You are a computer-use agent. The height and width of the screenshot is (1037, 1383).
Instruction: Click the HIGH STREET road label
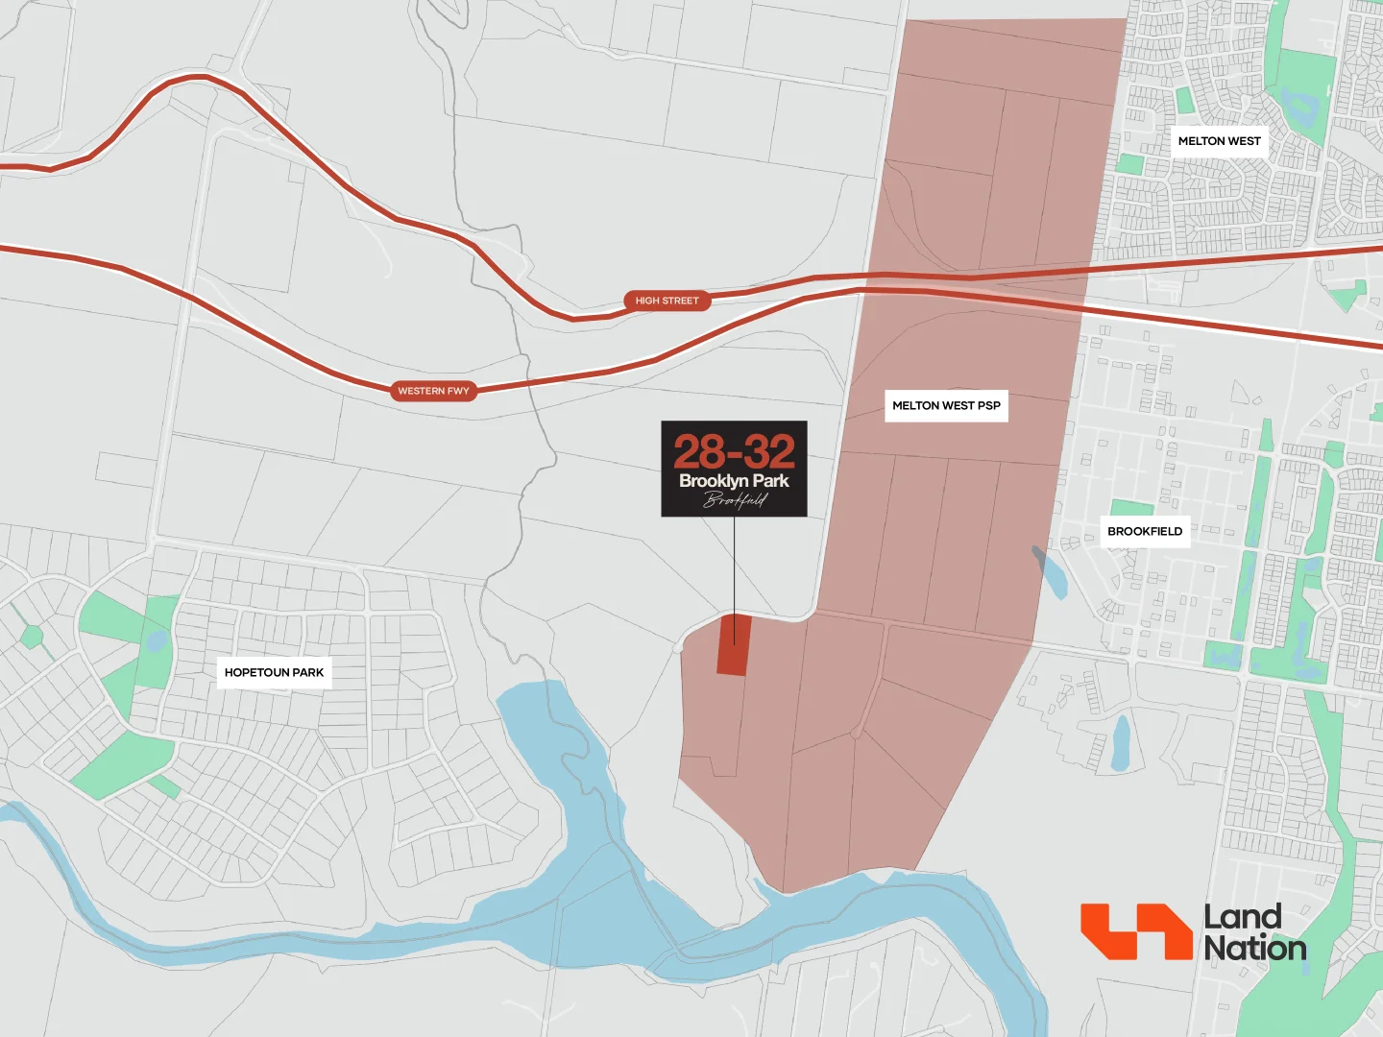point(667,301)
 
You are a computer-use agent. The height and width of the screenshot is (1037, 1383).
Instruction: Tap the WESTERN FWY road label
point(433,391)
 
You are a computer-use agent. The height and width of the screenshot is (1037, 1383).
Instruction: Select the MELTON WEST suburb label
point(1219,141)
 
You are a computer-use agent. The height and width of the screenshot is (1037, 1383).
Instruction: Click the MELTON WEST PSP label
point(946,405)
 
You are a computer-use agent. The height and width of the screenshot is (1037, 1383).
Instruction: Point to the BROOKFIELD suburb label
point(1145,531)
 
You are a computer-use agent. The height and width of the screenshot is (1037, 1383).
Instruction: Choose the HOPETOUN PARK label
point(274,672)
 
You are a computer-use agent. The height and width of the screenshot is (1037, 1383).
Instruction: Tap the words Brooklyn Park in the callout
point(734,481)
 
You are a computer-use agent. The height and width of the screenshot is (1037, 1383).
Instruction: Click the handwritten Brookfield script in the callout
point(735,499)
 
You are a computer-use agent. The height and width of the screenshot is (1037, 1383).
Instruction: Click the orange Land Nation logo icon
point(1136,930)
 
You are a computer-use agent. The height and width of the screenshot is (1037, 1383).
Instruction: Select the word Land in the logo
point(1243,917)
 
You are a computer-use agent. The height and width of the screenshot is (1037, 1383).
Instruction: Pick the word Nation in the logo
point(1255,949)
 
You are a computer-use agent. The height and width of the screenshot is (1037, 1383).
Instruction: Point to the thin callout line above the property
point(735,567)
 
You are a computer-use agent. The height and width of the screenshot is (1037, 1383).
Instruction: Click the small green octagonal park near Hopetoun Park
point(32,636)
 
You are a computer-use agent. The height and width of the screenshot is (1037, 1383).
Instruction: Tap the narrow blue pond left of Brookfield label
point(1051,573)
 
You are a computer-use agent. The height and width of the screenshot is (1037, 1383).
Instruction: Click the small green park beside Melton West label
point(1184,100)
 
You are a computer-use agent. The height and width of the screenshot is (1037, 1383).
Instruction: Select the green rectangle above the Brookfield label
point(1131,508)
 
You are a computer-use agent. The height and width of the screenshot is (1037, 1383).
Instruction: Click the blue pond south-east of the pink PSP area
point(1120,743)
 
